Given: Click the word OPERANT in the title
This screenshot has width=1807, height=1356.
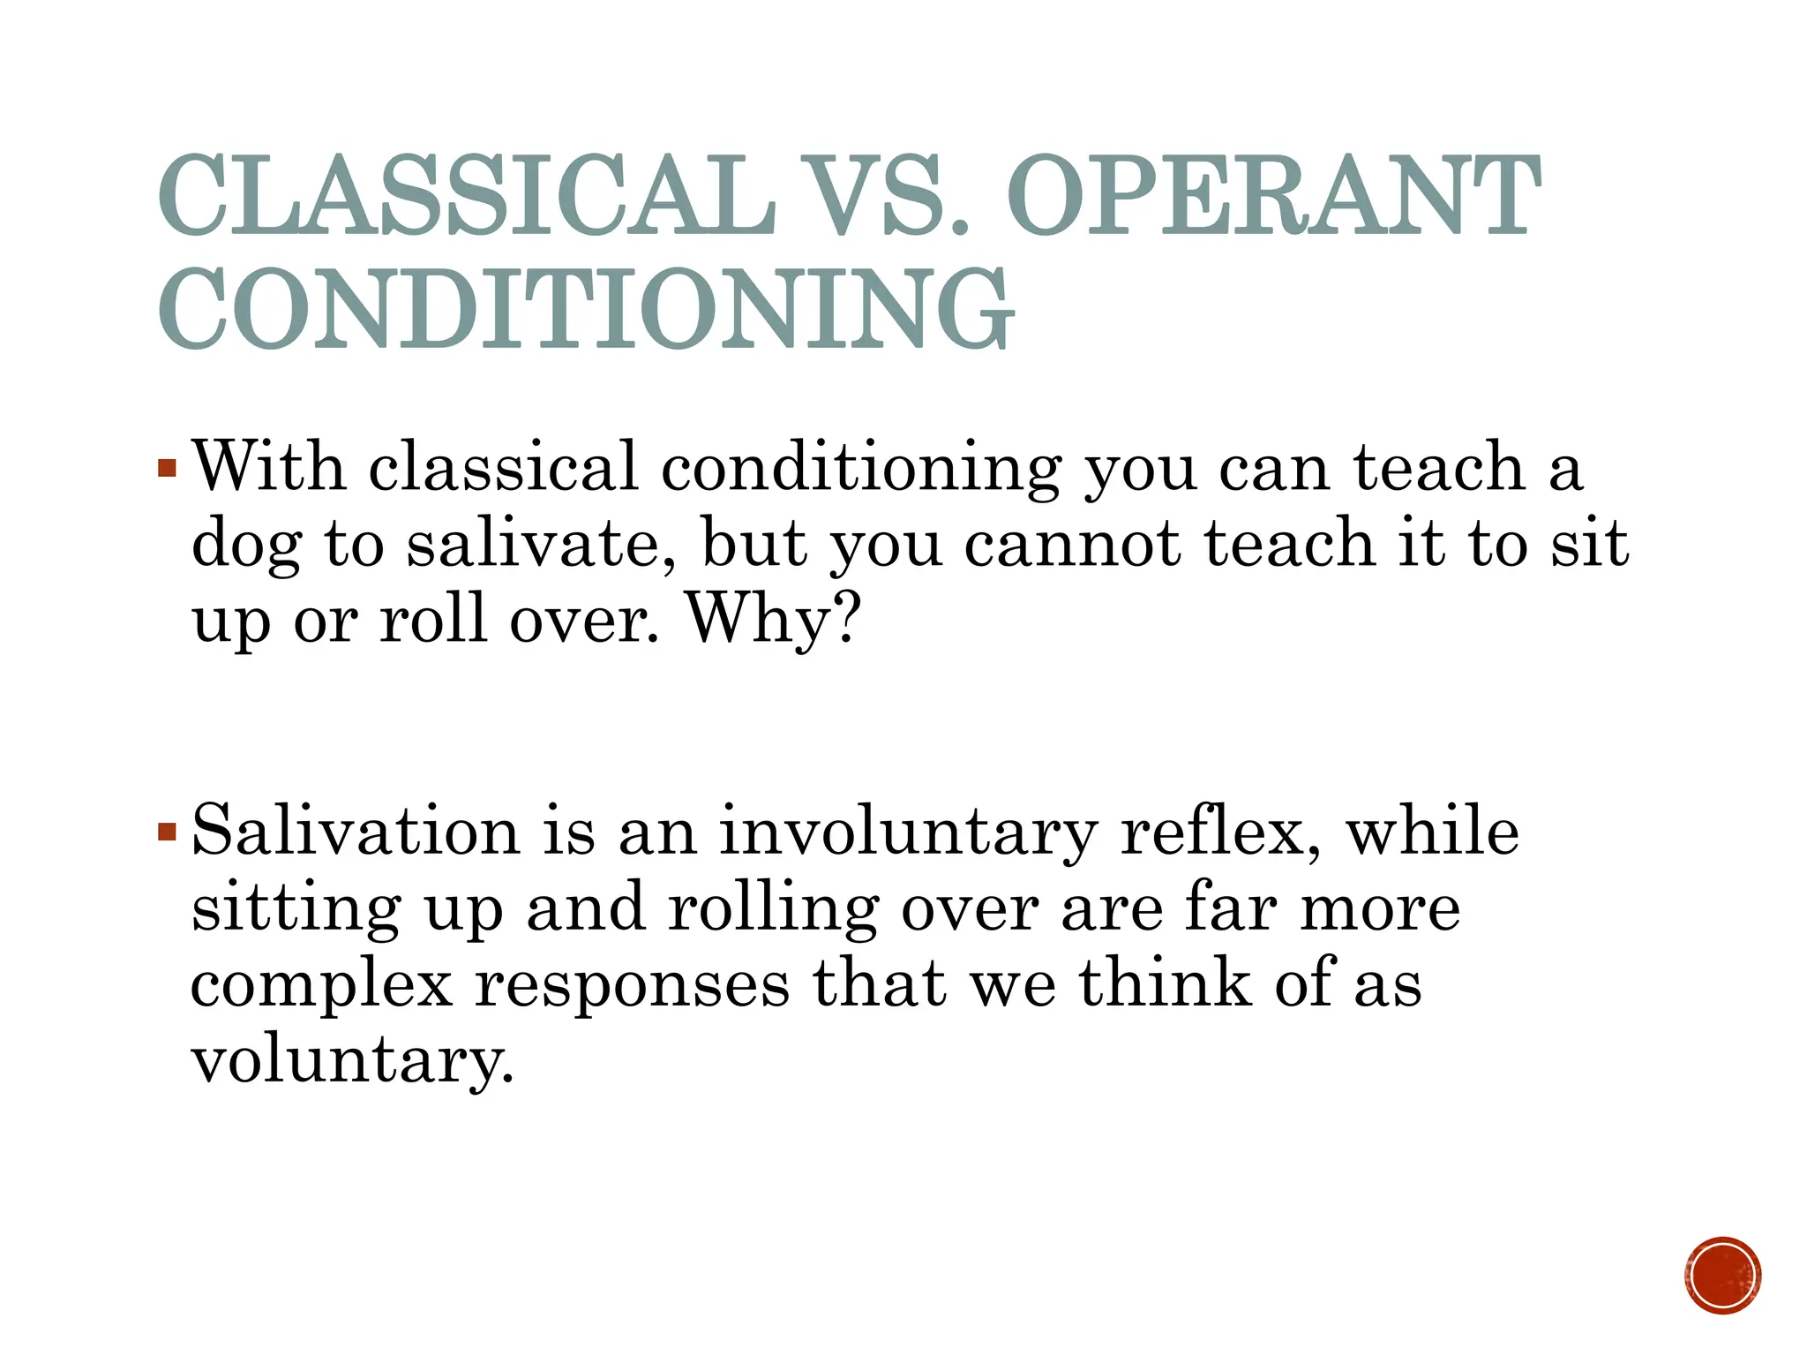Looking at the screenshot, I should point(1272,196).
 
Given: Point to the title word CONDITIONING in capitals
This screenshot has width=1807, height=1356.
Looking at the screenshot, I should point(586,309).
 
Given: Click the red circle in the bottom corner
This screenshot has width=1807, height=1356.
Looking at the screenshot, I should point(1722,1276).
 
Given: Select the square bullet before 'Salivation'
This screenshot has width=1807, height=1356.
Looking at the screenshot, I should point(168,832).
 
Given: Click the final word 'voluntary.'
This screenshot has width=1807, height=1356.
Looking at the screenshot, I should point(352,1060).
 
